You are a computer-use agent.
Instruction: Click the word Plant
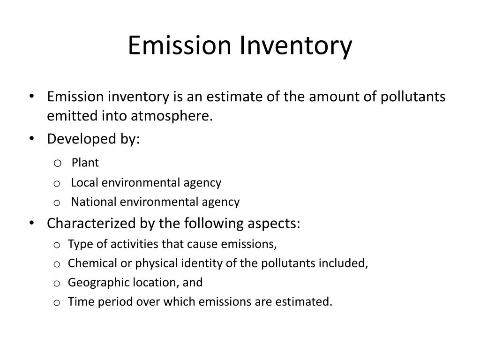point(85,163)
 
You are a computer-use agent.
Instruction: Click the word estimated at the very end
point(307,302)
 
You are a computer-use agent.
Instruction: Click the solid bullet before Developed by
point(31,139)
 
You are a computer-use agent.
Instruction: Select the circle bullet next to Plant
point(57,163)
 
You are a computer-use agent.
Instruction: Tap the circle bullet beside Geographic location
point(57,283)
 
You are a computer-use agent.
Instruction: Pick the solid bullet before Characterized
point(31,223)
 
